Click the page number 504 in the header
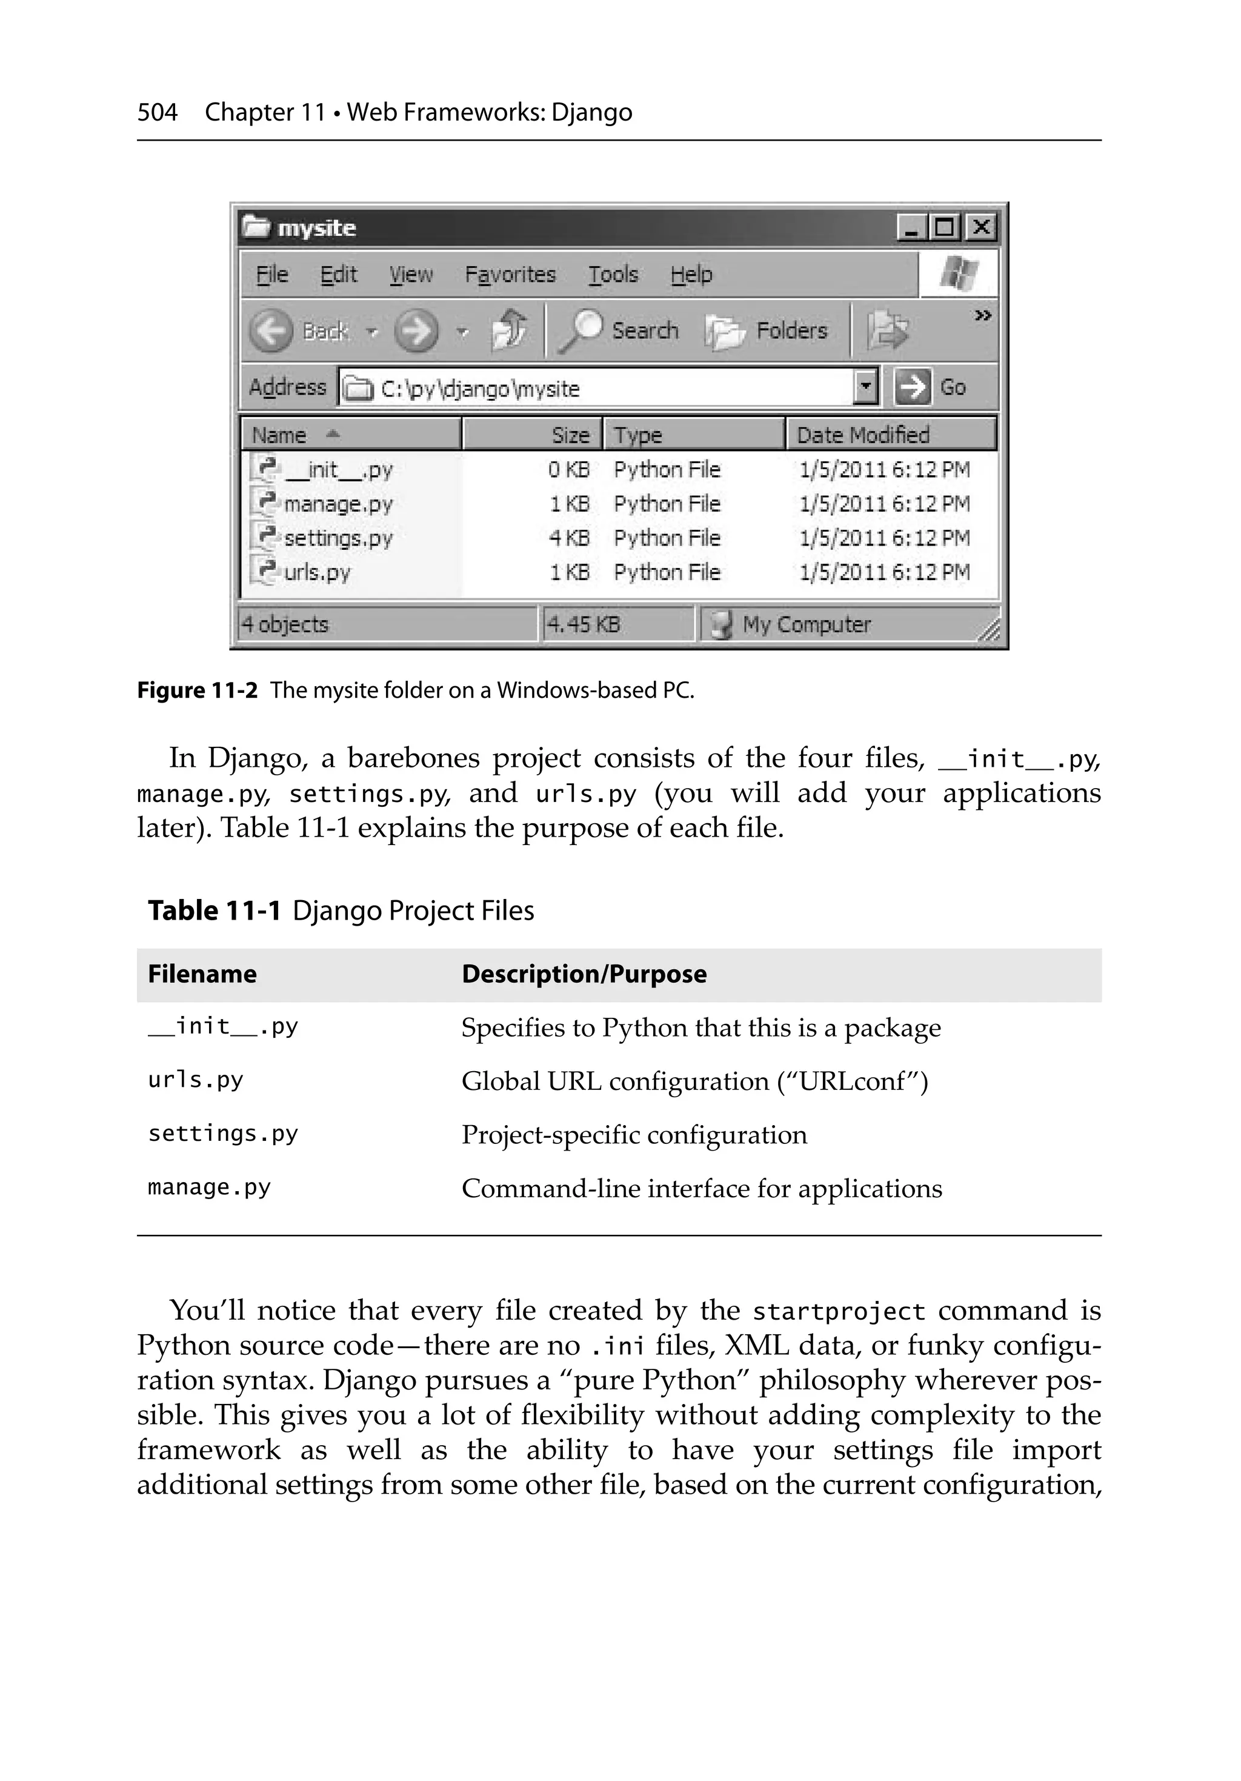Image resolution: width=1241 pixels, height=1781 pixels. pyautogui.click(x=158, y=113)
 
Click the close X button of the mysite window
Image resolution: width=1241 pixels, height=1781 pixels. pyautogui.click(x=980, y=227)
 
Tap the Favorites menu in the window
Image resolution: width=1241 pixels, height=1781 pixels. pyautogui.click(x=510, y=275)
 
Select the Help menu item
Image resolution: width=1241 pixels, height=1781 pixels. pyautogui.click(x=690, y=275)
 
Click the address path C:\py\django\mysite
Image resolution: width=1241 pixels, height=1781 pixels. pyautogui.click(x=479, y=389)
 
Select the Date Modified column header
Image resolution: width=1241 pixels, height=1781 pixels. pyautogui.click(x=862, y=435)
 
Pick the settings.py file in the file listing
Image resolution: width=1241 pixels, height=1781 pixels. pyautogui.click(x=338, y=538)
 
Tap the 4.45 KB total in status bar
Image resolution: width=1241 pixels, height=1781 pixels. pyautogui.click(x=584, y=624)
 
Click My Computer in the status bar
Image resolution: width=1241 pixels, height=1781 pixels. pyautogui.click(x=806, y=624)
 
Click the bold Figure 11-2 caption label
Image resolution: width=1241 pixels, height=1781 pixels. pyautogui.click(x=197, y=690)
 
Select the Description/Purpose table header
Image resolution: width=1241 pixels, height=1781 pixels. pyautogui.click(x=584, y=974)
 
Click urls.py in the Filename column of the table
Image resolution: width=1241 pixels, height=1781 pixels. pyautogui.click(x=196, y=1080)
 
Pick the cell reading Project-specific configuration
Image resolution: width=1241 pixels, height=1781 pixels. pyautogui.click(x=634, y=1135)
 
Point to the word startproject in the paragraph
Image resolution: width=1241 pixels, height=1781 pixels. pyautogui.click(x=839, y=1312)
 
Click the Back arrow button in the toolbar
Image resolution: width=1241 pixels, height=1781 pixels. pyautogui.click(x=271, y=331)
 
